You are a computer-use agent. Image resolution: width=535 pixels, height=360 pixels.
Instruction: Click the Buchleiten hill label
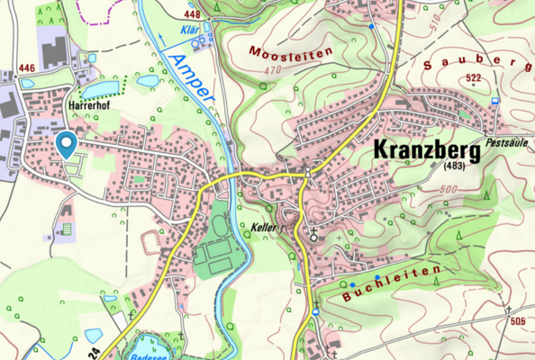click(393, 282)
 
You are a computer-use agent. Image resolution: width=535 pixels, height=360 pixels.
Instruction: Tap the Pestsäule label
click(509, 142)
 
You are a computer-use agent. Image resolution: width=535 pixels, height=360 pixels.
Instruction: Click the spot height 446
click(26, 68)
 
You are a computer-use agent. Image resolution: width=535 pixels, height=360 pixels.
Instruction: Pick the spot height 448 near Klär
click(191, 14)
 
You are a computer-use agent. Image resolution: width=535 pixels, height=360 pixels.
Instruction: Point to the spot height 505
click(517, 320)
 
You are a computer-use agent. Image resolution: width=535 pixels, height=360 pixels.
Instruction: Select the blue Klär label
click(190, 28)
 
